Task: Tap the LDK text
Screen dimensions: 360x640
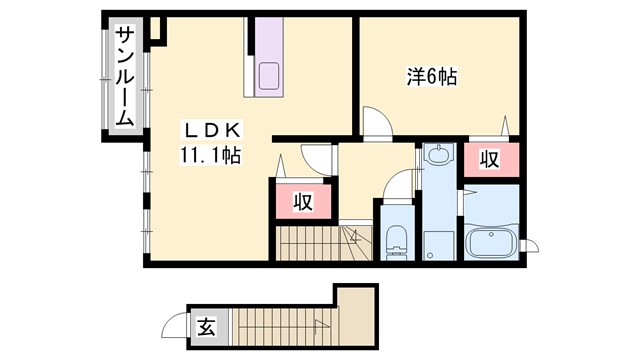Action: pos(210,131)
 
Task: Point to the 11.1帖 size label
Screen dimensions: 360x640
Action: pos(209,156)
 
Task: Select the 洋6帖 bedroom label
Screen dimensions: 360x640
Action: pos(431,76)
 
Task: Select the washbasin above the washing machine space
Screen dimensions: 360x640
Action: pos(436,156)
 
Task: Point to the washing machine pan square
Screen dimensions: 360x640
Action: pos(436,243)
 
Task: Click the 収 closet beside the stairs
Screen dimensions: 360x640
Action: pos(302,202)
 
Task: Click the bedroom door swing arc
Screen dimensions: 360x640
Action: pos(377,124)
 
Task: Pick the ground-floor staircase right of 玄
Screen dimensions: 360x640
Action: pos(284,326)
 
